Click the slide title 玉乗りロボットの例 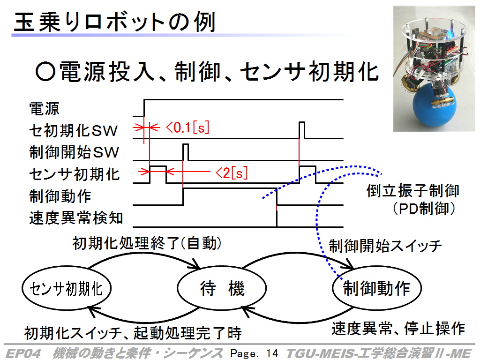pyautogui.click(x=115, y=22)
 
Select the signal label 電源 pyautogui.click(x=45, y=109)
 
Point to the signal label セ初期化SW pyautogui.click(x=73, y=131)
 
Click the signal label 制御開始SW pyautogui.click(x=74, y=152)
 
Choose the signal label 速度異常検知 pyautogui.click(x=76, y=218)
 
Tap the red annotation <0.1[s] pyautogui.click(x=187, y=127)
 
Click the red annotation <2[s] pyautogui.click(x=232, y=173)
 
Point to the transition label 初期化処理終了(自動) pyautogui.click(x=147, y=244)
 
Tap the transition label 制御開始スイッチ pyautogui.click(x=385, y=246)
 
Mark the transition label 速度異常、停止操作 pyautogui.click(x=398, y=329)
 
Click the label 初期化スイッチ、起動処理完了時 pyautogui.click(x=133, y=333)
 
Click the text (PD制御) pyautogui.click(x=424, y=209)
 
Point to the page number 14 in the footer pyautogui.click(x=272, y=353)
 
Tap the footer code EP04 pyautogui.click(x=23, y=353)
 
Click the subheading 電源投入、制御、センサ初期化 pyautogui.click(x=207, y=72)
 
